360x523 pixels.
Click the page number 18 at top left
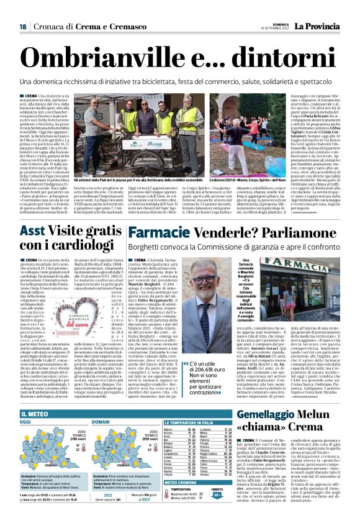coord(22,26)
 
